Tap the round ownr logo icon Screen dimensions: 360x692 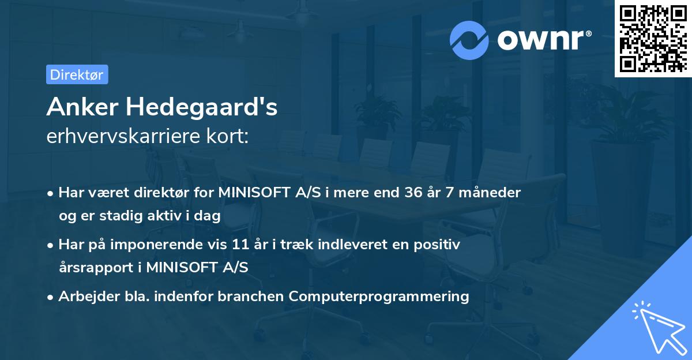tap(470, 39)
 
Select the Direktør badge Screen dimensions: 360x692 tap(77, 74)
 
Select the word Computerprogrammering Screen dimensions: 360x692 tap(379, 297)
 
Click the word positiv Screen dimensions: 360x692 tap(439, 245)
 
